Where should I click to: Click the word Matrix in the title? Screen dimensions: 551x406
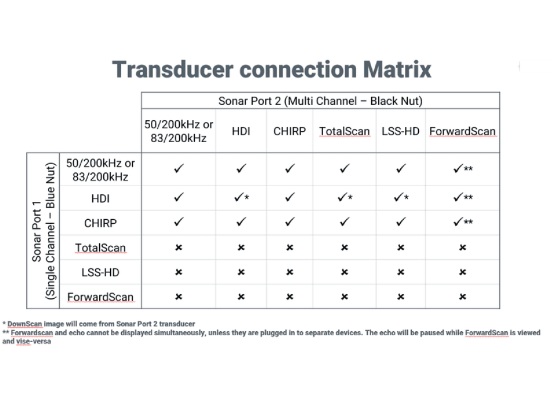tap(397, 69)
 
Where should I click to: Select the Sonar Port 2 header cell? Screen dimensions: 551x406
tap(321, 101)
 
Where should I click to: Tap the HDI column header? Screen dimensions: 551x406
tap(241, 131)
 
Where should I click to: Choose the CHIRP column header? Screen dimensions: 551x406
tap(289, 131)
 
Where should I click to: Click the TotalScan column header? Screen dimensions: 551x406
tap(345, 131)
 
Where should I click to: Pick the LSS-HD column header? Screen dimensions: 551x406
tap(401, 131)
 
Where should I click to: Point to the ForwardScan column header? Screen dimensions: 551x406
tap(462, 131)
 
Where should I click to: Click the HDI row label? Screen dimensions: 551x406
tap(100, 198)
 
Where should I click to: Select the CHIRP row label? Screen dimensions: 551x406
tap(100, 223)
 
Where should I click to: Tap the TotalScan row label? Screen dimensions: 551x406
tap(100, 248)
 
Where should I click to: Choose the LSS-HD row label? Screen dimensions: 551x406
tap(100, 273)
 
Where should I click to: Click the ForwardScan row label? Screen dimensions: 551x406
tap(100, 297)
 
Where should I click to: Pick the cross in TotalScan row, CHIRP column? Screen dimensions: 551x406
tap(289, 248)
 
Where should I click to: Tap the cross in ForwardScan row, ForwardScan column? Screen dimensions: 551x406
tap(462, 297)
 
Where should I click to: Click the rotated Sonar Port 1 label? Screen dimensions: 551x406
tap(37, 231)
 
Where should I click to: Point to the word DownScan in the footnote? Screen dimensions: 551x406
tap(24, 324)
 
